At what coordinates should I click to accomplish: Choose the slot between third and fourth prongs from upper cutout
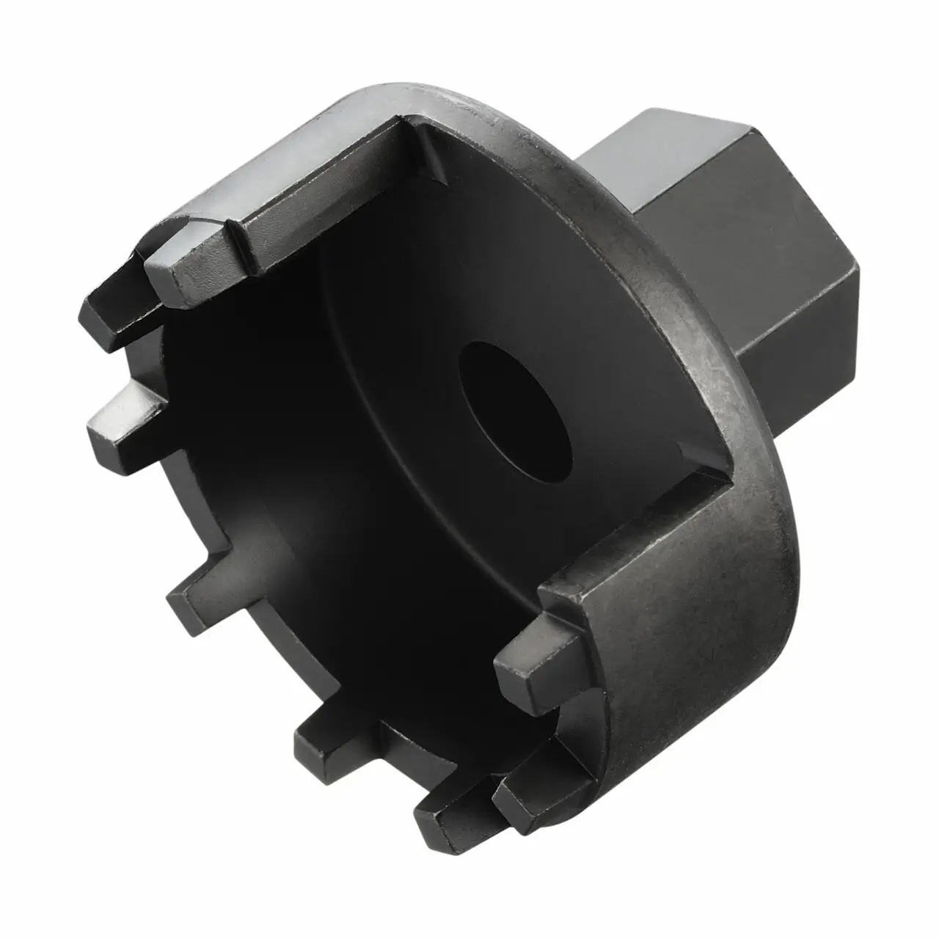pos(147,506)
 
